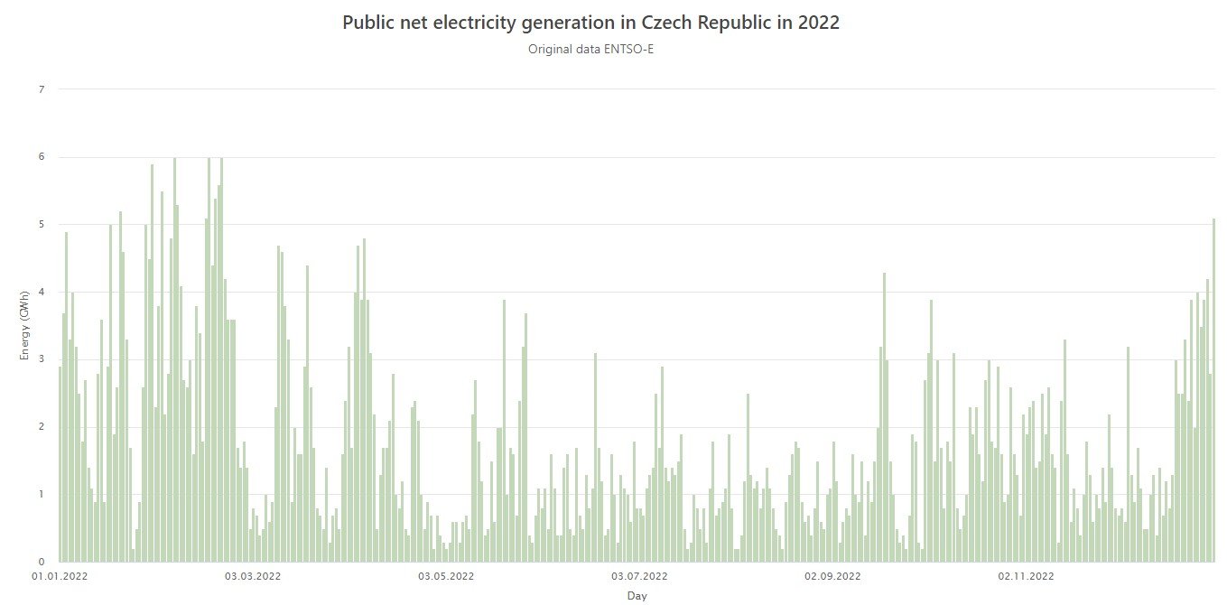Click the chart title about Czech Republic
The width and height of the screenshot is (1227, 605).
590,23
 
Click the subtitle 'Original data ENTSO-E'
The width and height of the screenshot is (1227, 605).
590,49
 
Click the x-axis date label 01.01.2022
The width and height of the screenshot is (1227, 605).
60,575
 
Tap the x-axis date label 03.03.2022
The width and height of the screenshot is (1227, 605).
253,575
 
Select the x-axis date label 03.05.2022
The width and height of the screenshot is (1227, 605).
446,575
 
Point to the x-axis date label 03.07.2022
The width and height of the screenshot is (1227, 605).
639,575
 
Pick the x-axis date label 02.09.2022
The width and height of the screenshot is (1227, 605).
832,575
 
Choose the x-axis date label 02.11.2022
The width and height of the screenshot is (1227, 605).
1026,575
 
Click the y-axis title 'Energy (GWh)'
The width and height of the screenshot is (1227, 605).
24,325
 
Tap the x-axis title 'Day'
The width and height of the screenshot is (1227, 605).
637,596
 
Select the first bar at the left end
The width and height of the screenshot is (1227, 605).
60,464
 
